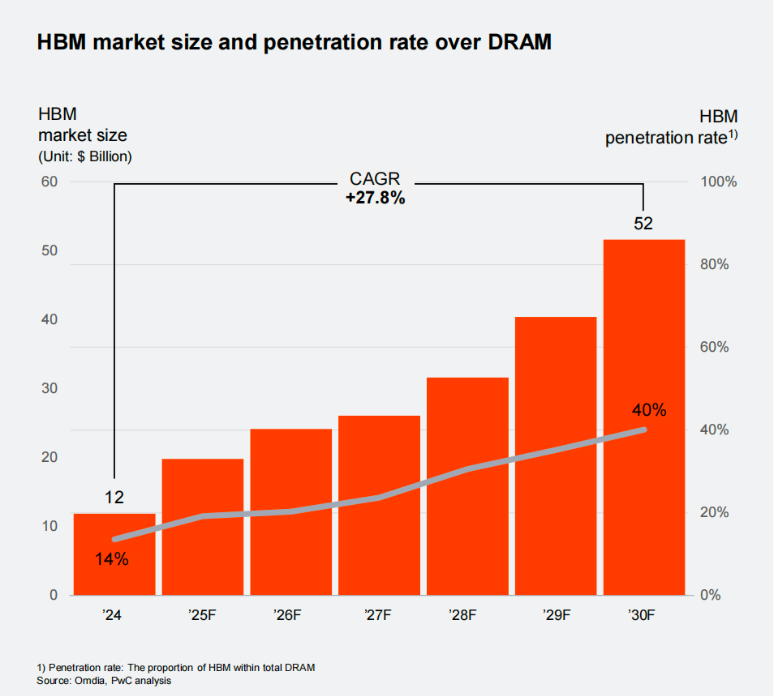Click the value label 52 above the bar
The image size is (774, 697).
click(x=643, y=224)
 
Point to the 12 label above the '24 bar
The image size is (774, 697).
click(x=114, y=498)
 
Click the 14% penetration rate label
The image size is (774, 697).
click(x=112, y=558)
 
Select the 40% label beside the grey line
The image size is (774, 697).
click(x=649, y=410)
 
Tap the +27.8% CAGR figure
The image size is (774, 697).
click(x=375, y=198)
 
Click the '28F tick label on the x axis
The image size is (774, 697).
click(x=467, y=615)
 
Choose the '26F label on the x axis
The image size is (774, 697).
click(x=290, y=615)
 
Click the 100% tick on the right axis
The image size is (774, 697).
click(x=719, y=182)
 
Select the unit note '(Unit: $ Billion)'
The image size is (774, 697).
click(x=84, y=156)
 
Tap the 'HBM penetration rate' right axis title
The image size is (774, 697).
click(x=672, y=127)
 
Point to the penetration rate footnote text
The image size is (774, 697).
click(x=176, y=667)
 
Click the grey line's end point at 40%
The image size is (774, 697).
click(x=643, y=430)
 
